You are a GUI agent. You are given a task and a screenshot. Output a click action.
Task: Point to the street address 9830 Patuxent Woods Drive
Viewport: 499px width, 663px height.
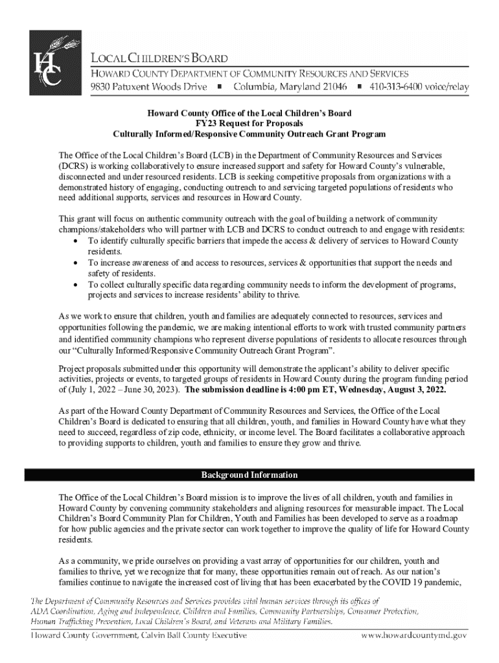click(148, 86)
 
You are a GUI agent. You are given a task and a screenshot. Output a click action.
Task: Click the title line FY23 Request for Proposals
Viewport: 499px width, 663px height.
click(250, 124)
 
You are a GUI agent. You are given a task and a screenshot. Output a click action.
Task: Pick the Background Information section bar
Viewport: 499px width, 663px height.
click(250, 475)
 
